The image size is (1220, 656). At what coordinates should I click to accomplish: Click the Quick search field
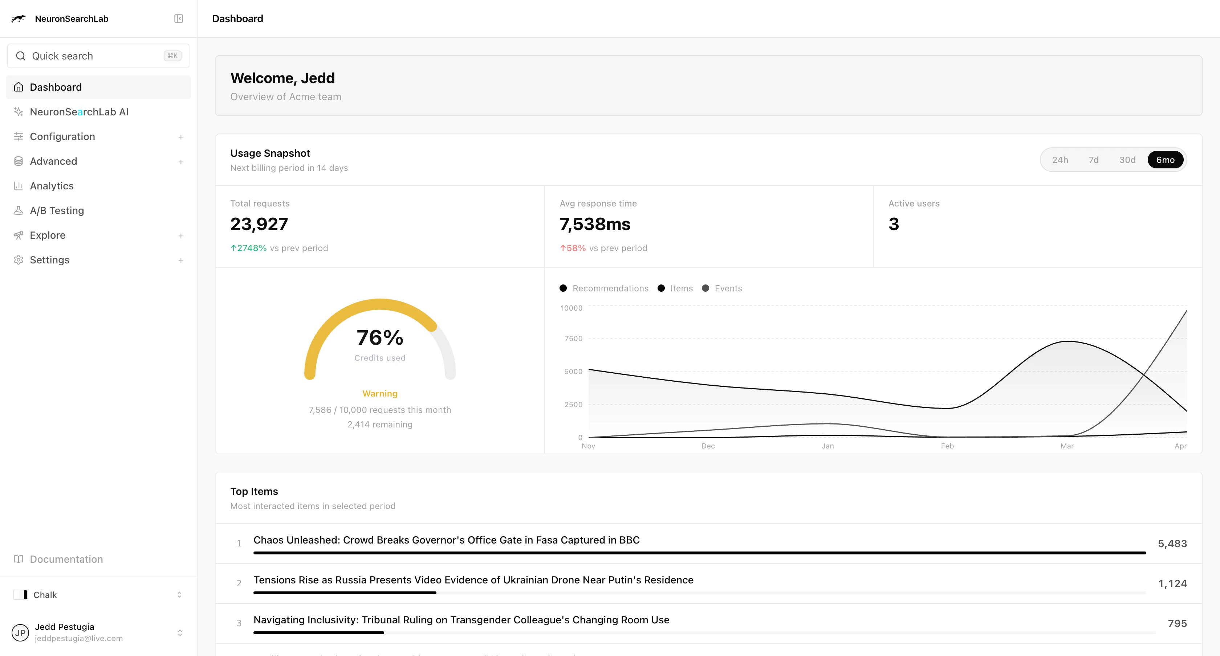click(98, 56)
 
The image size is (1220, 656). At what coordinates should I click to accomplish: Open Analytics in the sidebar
click(52, 186)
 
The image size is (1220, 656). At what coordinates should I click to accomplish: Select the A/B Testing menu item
click(57, 210)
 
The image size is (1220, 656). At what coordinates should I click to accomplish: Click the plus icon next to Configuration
click(180, 137)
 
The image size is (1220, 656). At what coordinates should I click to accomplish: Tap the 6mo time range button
click(1165, 160)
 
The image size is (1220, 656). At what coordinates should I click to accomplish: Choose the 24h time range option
click(1060, 160)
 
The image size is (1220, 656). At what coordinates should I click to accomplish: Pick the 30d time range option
click(1127, 160)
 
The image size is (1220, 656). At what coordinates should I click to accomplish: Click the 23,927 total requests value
click(259, 224)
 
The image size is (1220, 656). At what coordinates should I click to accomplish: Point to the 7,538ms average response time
click(595, 224)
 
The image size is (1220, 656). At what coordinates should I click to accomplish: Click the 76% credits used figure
click(380, 338)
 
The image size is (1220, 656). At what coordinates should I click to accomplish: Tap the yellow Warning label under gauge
click(380, 393)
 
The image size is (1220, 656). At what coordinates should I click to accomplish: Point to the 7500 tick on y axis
click(573, 339)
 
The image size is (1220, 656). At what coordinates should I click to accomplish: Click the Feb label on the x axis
click(947, 446)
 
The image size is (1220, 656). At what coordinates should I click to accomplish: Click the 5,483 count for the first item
click(1172, 544)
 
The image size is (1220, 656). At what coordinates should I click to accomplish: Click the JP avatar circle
click(20, 632)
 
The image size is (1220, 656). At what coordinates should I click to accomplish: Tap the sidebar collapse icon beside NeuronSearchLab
click(179, 19)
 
